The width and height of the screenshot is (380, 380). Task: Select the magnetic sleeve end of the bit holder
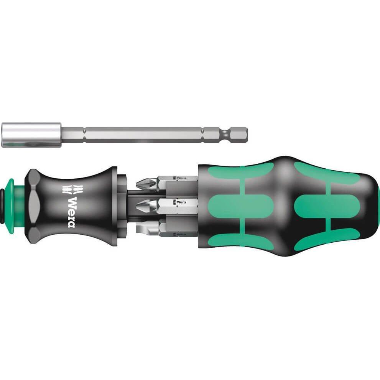31,135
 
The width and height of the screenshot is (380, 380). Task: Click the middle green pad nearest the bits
240,206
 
